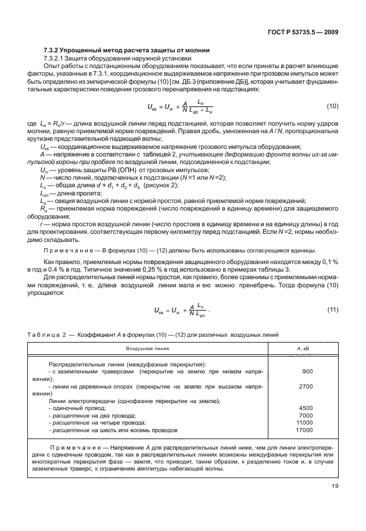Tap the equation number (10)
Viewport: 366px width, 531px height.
[331, 106]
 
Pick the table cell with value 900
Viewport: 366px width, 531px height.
[307, 370]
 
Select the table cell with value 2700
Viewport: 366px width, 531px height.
[306, 386]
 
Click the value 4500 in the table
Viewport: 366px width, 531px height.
[306, 408]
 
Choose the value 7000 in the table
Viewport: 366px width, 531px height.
[306, 415]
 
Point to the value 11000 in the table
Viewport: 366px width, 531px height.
[304, 423]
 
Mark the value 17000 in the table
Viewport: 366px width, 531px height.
[304, 430]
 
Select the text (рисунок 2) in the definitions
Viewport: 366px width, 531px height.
[138, 185]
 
